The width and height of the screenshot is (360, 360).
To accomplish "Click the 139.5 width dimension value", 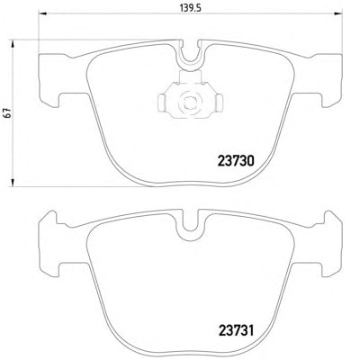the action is pos(190,7).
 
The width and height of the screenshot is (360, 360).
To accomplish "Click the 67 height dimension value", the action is pos(8,112).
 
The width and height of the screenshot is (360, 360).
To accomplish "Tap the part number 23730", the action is pos(236,161).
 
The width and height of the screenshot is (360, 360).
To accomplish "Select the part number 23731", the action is pos(236,331).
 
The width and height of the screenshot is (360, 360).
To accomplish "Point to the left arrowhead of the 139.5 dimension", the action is pos(42,13).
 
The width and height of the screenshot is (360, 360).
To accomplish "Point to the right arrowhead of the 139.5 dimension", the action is pos(338,13).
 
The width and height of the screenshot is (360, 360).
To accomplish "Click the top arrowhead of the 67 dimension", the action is pos(13,44).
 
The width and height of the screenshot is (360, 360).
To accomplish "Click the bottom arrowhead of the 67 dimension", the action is pos(13,183).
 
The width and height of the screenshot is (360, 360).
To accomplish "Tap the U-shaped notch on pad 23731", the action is pos(191,227).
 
